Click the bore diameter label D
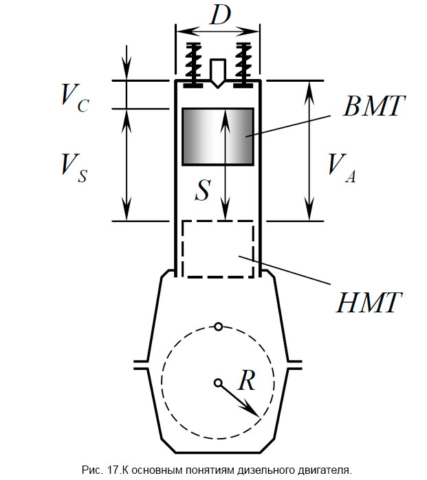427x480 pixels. point(219,15)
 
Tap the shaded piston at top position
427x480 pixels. point(217,136)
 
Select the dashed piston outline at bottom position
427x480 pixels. point(217,249)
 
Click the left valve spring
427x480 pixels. point(194,63)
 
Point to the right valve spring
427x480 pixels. point(243,63)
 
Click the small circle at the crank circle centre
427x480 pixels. point(218,382)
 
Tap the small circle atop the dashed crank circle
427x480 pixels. point(218,326)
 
